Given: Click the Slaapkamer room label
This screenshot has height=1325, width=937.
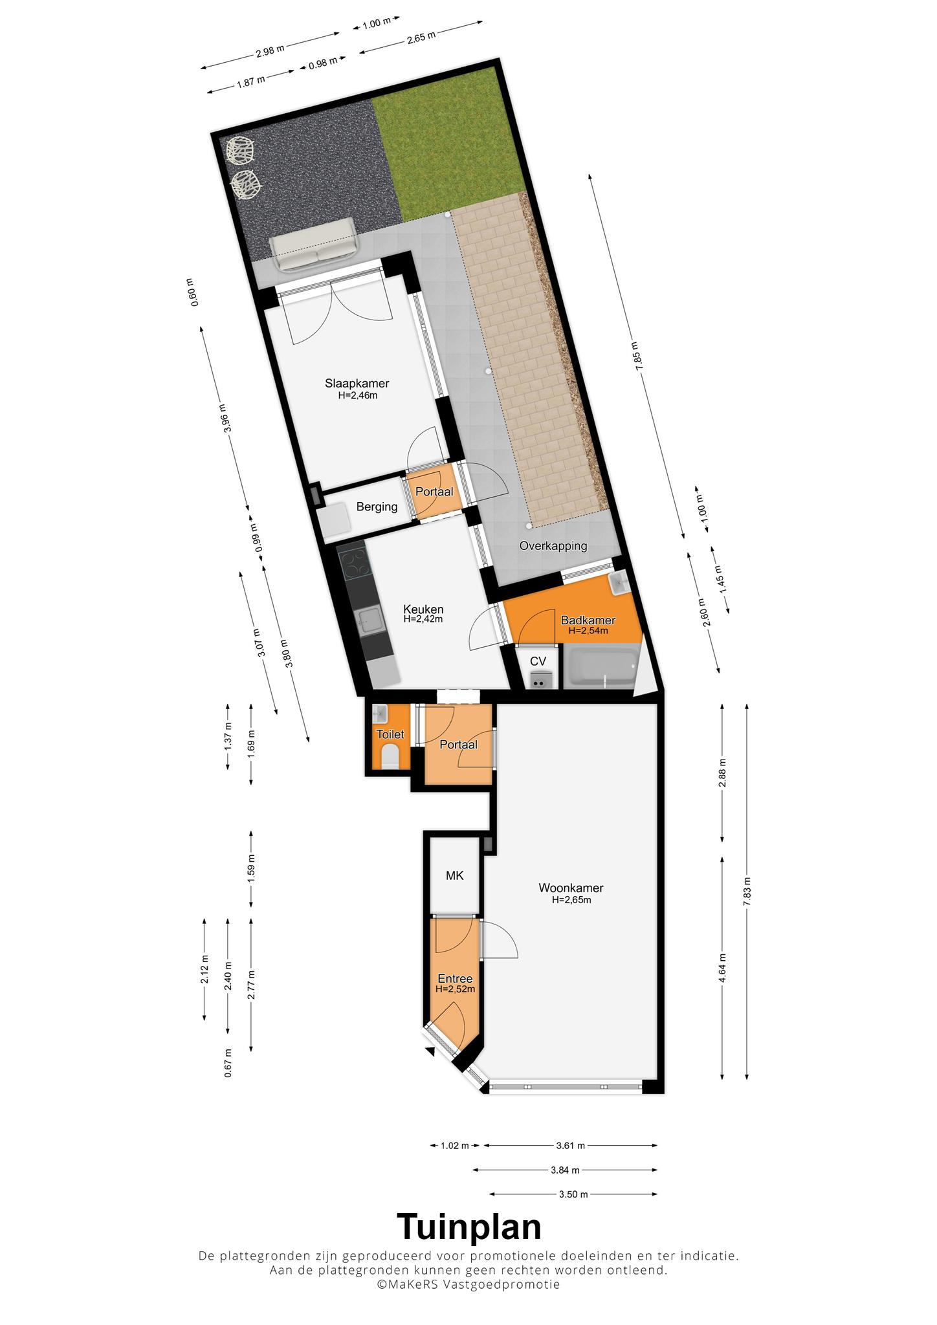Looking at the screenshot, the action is [357, 383].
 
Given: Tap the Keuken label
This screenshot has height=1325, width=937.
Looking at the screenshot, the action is [423, 609].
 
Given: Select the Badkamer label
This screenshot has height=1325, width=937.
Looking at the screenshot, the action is [588, 620].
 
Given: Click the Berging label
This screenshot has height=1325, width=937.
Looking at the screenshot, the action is [377, 507].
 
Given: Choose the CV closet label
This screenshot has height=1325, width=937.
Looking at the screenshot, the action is [538, 661].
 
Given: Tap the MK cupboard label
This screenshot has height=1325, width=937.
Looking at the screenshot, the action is [454, 875].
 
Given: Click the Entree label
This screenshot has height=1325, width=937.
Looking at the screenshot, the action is [455, 979].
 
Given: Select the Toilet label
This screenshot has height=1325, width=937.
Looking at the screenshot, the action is [390, 734].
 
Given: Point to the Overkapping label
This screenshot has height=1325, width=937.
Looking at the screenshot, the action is [553, 546].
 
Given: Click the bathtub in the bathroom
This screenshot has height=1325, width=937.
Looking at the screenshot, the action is [600, 670].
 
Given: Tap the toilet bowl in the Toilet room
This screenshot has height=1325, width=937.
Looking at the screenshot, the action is [390, 757].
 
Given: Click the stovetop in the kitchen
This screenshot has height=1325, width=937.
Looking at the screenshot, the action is [355, 564].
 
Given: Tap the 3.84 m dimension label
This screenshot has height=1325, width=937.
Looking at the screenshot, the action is [565, 1170].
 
